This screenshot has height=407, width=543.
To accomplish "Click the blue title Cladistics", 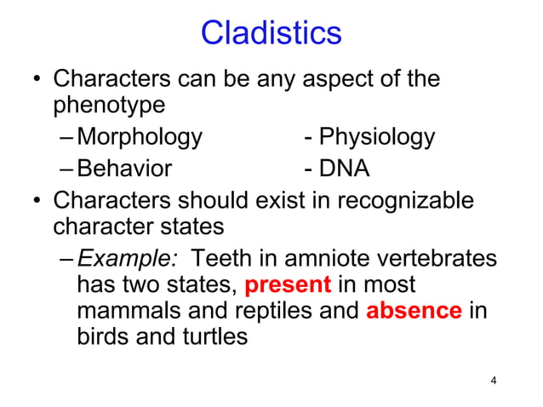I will point(271,33).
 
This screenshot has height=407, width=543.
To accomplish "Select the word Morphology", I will point(140,137).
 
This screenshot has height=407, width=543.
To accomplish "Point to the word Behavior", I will point(124,169).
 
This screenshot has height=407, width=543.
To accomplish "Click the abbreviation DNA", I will point(344,169).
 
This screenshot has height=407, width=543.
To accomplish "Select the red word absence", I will point(414,309).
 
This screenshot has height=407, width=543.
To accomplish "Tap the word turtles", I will point(213,336).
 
